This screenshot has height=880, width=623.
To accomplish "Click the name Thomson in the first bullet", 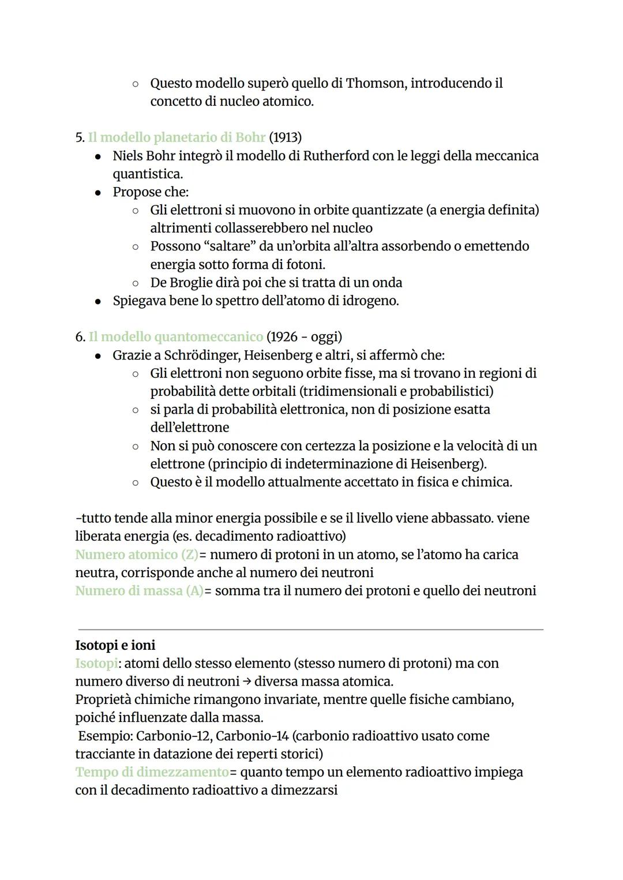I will [x=376, y=84].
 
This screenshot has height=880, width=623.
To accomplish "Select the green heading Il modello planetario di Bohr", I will [x=177, y=138].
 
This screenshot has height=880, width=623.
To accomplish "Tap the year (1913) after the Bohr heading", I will [x=286, y=138].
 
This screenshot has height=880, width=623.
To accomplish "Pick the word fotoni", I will [x=304, y=265].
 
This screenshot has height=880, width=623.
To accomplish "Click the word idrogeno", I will [x=368, y=301].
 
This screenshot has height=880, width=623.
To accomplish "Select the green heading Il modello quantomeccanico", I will [x=175, y=337].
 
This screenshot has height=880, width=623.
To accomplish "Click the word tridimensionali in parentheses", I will [x=352, y=391].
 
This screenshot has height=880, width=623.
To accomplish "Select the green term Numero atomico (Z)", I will [x=137, y=555].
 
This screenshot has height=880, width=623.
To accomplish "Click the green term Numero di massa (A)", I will [x=139, y=591].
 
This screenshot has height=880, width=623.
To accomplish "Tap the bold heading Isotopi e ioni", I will [x=115, y=645].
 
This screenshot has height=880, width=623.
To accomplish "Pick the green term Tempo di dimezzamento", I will [x=152, y=772].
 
